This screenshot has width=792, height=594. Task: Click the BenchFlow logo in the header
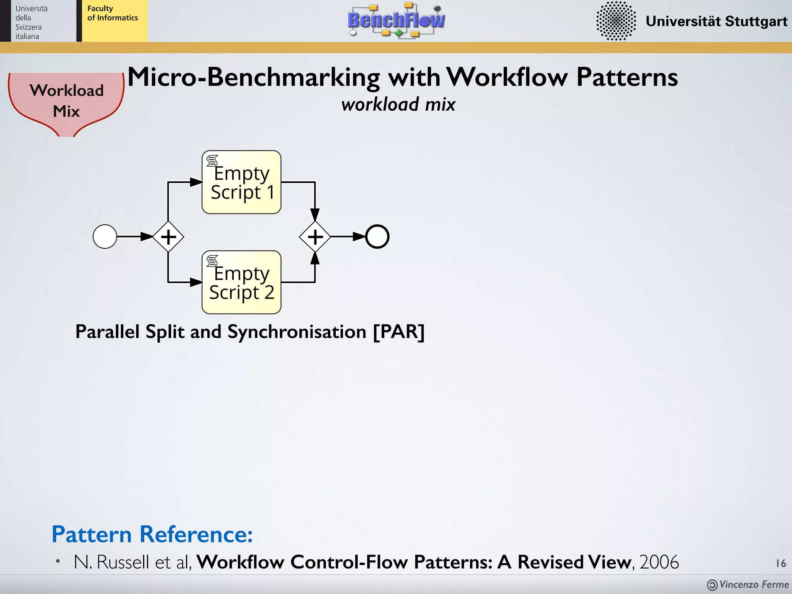click(396, 20)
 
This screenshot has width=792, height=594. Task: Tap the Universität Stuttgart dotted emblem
click(616, 20)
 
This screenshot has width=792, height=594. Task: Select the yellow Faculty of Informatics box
click(114, 21)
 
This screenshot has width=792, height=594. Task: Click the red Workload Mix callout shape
click(66, 101)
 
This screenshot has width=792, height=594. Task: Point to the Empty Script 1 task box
click(242, 182)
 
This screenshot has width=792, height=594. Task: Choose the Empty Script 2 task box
click(242, 282)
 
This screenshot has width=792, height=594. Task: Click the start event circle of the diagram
click(105, 236)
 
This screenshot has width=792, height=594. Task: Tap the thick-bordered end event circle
click(377, 236)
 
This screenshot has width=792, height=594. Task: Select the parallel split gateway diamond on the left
click(168, 236)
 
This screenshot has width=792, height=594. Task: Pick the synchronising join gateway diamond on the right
click(315, 236)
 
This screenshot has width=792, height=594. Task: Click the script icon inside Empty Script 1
click(212, 160)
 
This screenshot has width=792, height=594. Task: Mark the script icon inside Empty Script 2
click(212, 261)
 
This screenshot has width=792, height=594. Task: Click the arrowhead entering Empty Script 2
click(196, 282)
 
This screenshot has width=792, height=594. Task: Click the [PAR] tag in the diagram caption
click(399, 332)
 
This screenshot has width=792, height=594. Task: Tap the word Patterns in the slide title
click(627, 77)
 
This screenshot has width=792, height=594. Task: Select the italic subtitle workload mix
click(398, 104)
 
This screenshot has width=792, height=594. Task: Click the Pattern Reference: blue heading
click(152, 534)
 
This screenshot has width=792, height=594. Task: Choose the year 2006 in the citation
click(659, 562)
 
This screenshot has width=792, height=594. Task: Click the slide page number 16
click(781, 563)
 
